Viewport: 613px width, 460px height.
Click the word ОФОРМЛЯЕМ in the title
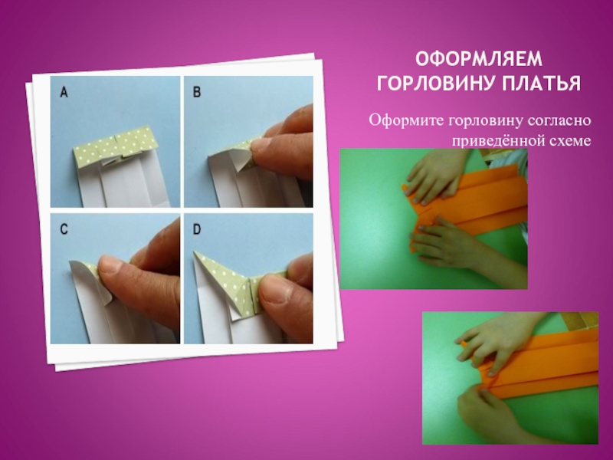point(479,59)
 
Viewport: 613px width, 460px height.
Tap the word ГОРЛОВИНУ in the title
point(435,83)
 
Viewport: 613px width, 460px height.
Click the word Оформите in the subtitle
point(406,120)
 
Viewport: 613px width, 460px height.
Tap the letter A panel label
point(64,92)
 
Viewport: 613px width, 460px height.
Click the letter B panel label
point(197,92)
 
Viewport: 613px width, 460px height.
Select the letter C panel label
point(64,229)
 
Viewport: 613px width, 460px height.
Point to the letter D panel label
point(197,229)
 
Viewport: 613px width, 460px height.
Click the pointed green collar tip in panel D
point(195,253)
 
